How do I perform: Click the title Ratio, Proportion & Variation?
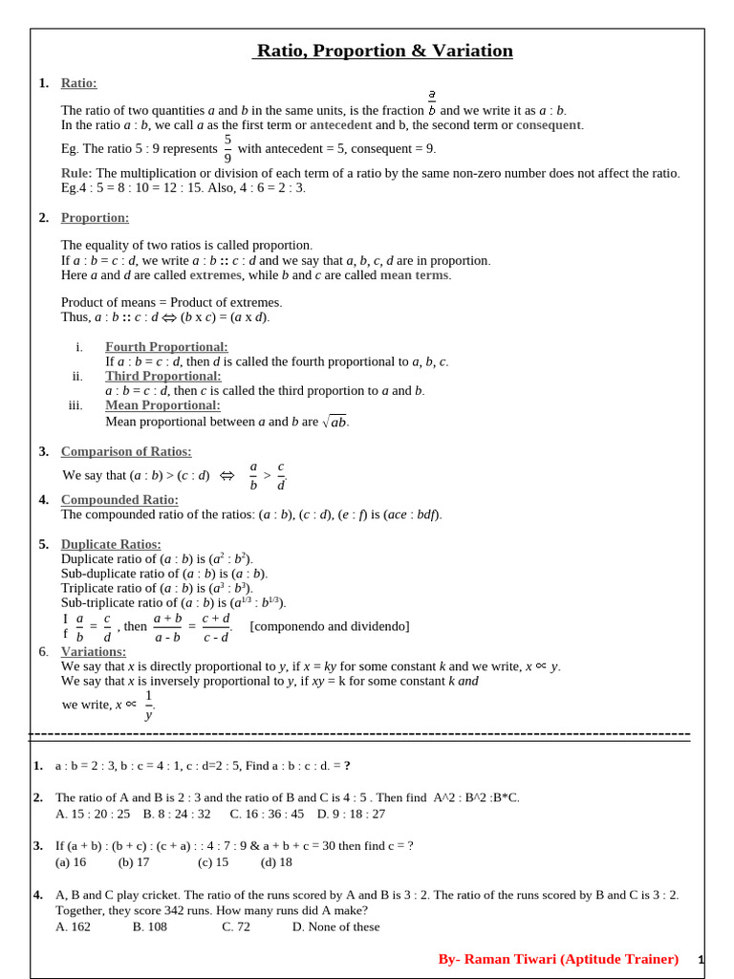pos(383,51)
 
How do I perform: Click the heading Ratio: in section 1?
pos(78,83)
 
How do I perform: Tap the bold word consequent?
pos(549,125)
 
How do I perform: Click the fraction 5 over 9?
pos(227,148)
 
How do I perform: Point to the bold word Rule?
pos(76,173)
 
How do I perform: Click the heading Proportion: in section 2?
pos(95,218)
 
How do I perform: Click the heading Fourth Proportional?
pos(166,347)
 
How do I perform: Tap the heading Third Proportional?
pos(162,376)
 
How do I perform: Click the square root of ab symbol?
pos(335,422)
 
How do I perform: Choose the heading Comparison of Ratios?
pos(126,451)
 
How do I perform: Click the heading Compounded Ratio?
pos(119,499)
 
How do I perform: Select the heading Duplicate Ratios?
pos(111,544)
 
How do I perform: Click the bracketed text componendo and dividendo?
pos(329,626)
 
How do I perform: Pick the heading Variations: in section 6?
pos(93,651)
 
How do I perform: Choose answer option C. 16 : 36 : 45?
pos(267,814)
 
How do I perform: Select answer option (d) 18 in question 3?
pos(276,861)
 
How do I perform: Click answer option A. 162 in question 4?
pos(74,926)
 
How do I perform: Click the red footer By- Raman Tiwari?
pos(558,959)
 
